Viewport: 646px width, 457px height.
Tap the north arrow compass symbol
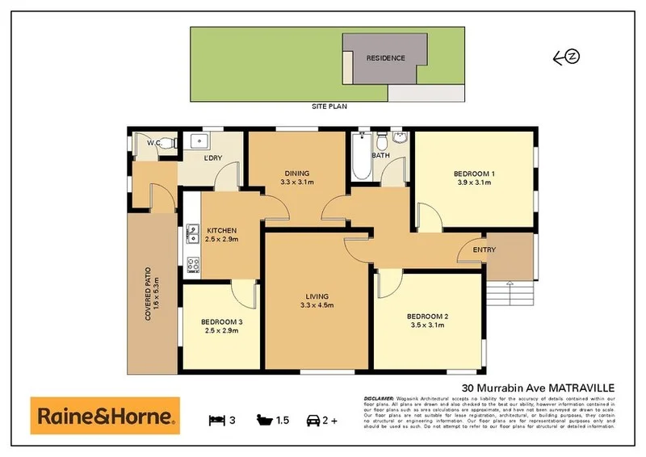pyautogui.click(x=568, y=57)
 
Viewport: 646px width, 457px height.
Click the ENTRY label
pyautogui.click(x=484, y=249)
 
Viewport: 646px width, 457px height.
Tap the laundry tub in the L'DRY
pyautogui.click(x=198, y=142)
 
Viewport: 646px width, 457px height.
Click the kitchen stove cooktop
pyautogui.click(x=193, y=264)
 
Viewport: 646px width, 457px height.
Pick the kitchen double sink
pyautogui.click(x=193, y=234)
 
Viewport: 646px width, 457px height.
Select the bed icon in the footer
pyautogui.click(x=216, y=421)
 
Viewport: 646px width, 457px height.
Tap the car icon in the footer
pyautogui.click(x=313, y=421)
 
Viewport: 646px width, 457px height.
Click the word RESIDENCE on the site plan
pyautogui.click(x=384, y=58)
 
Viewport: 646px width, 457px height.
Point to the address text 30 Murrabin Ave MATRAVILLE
pyautogui.click(x=537, y=388)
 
